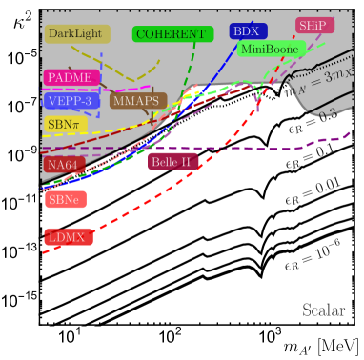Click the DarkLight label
coord(77,33)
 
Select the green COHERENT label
coord(171,33)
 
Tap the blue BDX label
coord(245,31)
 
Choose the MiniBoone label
coord(272,49)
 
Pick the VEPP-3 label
coord(68,100)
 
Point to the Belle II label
coord(170,162)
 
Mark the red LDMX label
coord(68,236)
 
